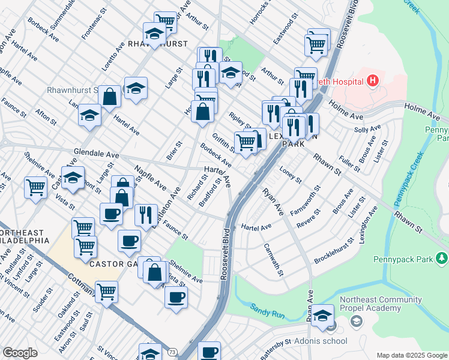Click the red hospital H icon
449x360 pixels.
coord(373,80)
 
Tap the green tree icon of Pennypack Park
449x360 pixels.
coord(442,258)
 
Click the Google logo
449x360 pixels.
coord(20,352)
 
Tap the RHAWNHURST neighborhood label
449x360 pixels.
coord(158,44)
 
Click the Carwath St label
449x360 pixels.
coord(273,260)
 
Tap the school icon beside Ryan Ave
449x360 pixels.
coord(323,316)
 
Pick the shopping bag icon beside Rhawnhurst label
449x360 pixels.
coord(110,95)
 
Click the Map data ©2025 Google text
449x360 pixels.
coord(411,355)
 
